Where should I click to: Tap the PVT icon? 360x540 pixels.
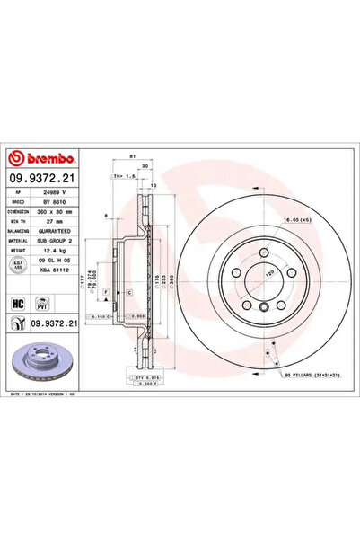click(40, 304)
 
